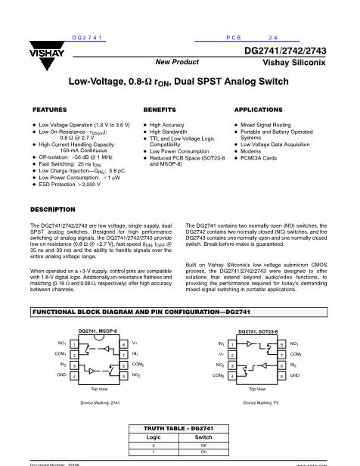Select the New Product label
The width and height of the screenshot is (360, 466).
(177, 62)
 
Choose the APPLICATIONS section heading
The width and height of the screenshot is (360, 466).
(259, 110)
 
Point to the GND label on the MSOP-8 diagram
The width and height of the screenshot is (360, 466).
(62, 374)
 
